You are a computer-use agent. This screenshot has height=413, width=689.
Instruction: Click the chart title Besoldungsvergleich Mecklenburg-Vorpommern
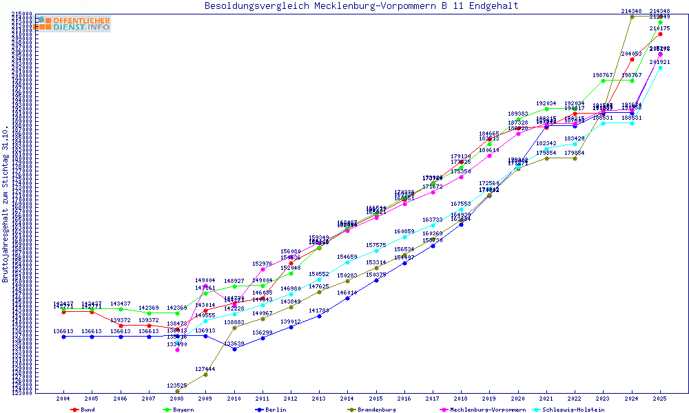(x=361, y=6)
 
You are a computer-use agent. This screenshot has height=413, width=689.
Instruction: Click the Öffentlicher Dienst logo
(x=73, y=23)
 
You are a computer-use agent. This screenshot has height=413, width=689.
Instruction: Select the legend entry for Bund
(x=83, y=410)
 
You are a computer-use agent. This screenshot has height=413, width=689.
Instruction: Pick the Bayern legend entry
(x=178, y=410)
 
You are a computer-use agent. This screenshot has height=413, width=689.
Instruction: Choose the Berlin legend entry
(x=271, y=410)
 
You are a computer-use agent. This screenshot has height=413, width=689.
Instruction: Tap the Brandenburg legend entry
(x=371, y=410)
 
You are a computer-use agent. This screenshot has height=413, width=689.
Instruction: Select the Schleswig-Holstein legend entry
(x=573, y=410)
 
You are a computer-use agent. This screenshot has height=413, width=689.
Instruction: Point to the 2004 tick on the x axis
(x=63, y=399)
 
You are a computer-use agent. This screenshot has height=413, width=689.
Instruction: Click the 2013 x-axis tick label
(x=319, y=399)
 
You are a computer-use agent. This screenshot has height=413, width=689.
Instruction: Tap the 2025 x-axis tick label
(x=660, y=399)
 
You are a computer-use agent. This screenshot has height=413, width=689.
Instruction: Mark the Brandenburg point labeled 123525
(x=178, y=391)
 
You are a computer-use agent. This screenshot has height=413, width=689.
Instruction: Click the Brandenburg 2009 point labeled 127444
(x=205, y=374)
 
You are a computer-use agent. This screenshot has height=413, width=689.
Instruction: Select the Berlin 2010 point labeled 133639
(x=234, y=349)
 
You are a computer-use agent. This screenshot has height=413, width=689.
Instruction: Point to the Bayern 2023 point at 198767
(x=604, y=81)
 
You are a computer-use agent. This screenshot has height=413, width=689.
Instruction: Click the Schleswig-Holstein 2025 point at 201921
(x=660, y=67)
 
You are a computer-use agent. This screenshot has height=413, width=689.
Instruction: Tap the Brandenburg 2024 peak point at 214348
(x=632, y=16)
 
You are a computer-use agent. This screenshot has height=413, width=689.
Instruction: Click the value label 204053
(x=631, y=54)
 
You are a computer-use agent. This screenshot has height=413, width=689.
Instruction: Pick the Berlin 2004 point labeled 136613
(x=63, y=337)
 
